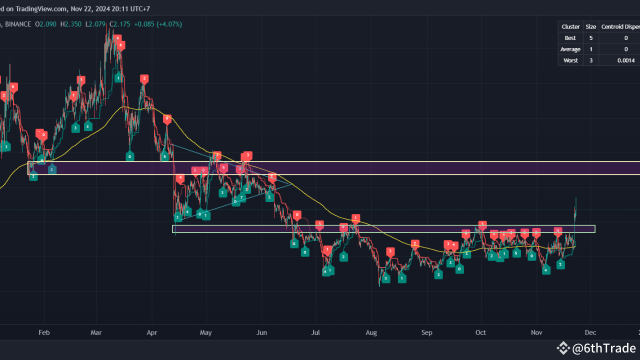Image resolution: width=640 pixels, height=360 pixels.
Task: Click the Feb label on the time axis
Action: point(44,332)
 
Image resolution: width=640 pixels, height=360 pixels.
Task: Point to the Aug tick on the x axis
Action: point(371,332)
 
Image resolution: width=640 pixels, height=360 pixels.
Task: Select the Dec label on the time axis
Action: point(590,332)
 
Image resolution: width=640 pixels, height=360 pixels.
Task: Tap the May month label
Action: point(206,332)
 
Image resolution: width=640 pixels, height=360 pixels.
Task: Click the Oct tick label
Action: point(480,332)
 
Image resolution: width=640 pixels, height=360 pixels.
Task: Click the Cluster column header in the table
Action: point(570,26)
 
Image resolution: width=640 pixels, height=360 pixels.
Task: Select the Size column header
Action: point(590,26)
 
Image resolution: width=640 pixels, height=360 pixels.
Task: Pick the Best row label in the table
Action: point(570,38)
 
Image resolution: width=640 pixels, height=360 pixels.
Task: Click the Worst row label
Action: point(570,60)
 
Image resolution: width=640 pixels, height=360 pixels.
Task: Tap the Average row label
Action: point(570,49)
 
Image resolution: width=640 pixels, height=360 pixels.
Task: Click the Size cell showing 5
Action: point(590,38)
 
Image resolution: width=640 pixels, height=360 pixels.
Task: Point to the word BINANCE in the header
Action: point(17,24)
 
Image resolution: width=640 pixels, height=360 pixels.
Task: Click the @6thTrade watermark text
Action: point(604,348)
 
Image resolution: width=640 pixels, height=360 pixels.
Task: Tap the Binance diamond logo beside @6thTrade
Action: point(563,348)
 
